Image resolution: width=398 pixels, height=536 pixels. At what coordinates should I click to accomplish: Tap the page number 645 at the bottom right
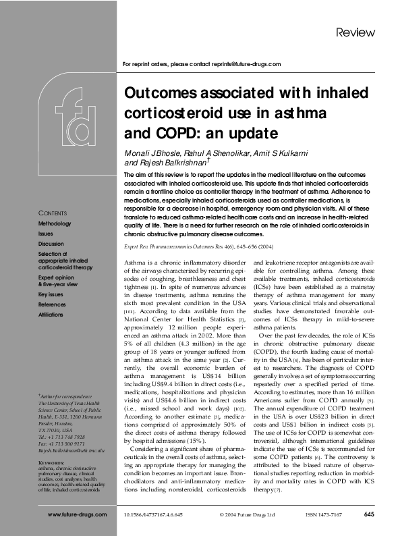click(x=368, y=514)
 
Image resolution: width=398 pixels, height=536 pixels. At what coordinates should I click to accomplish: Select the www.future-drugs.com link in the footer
click(x=77, y=514)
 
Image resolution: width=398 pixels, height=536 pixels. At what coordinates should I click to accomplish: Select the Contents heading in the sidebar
click(x=52, y=213)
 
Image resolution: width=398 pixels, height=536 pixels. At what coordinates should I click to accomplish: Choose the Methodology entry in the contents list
click(x=54, y=223)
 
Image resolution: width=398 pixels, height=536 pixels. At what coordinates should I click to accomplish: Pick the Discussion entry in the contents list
click(x=51, y=243)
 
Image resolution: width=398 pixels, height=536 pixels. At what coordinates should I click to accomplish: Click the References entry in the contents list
click(x=52, y=305)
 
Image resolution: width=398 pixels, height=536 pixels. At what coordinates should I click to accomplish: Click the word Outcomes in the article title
click(x=159, y=92)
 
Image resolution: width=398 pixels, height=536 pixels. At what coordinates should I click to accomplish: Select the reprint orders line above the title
click(x=202, y=64)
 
